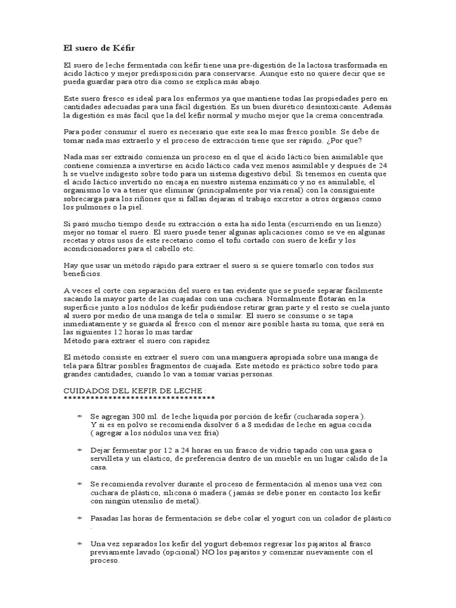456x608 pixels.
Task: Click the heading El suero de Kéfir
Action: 100,47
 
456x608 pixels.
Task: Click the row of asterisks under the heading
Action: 139,398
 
